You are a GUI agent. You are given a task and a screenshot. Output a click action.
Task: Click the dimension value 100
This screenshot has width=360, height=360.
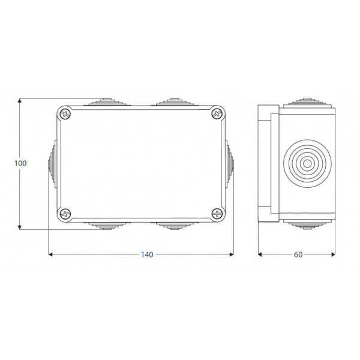21,163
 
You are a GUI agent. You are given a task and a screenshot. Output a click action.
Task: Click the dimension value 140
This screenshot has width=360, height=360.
147,254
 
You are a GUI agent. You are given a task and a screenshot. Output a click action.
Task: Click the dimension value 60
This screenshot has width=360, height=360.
298,254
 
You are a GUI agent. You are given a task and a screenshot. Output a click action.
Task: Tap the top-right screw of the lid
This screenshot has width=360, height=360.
216,113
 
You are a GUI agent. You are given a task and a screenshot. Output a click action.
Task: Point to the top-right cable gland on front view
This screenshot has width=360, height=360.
175,102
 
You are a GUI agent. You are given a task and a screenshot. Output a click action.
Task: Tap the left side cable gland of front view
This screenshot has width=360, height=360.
52,163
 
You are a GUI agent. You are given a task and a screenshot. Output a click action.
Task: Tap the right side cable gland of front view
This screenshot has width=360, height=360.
230,163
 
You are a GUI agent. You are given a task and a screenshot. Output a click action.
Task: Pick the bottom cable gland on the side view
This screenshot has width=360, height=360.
307,225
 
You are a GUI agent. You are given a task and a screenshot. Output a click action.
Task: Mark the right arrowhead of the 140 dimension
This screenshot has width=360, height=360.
231,254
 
